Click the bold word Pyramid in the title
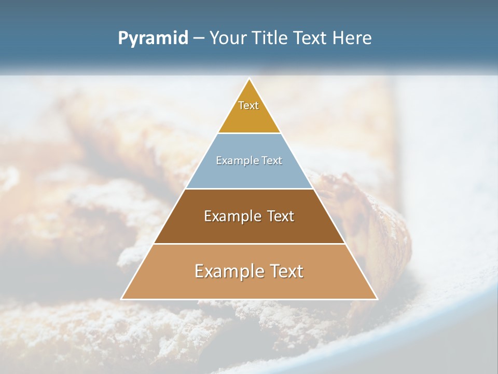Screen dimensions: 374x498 (153, 38)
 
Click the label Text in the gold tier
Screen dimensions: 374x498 (248, 105)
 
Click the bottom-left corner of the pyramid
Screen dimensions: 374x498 (122, 299)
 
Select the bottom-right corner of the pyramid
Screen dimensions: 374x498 (377, 299)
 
